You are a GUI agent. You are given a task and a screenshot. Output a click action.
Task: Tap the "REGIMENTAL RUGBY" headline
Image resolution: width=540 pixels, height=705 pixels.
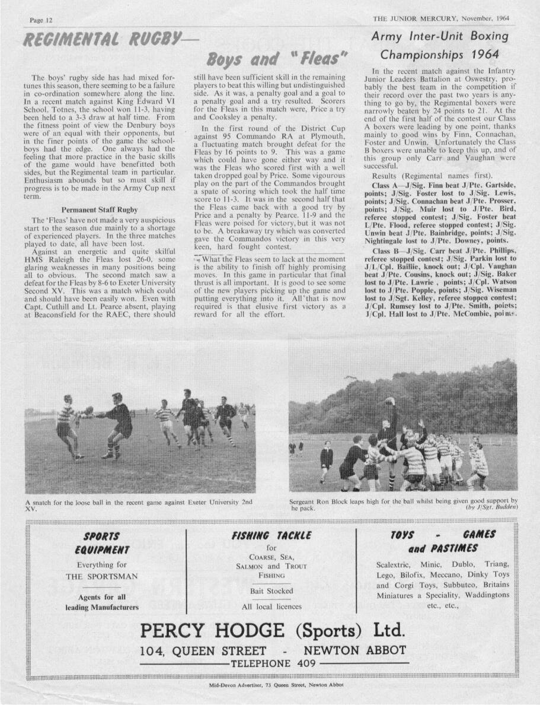(101, 40)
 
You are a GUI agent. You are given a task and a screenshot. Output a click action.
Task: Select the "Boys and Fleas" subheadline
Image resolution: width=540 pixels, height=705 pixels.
(276, 59)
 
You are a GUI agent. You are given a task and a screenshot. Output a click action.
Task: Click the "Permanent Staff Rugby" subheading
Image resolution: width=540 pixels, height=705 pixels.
(100, 209)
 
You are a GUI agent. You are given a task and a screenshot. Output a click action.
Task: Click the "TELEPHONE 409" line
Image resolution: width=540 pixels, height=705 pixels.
(273, 663)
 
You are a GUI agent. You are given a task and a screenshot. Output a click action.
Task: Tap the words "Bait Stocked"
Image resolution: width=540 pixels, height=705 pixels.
(271, 591)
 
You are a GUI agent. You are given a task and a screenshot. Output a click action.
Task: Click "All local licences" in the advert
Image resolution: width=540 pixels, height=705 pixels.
(271, 606)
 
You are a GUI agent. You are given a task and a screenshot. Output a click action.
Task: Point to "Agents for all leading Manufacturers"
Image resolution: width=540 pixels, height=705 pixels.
(102, 602)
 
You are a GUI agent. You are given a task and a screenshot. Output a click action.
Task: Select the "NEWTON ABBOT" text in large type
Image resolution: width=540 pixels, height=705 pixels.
(354, 650)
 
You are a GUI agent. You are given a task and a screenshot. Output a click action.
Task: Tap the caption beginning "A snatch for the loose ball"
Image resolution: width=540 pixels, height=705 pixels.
(139, 505)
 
